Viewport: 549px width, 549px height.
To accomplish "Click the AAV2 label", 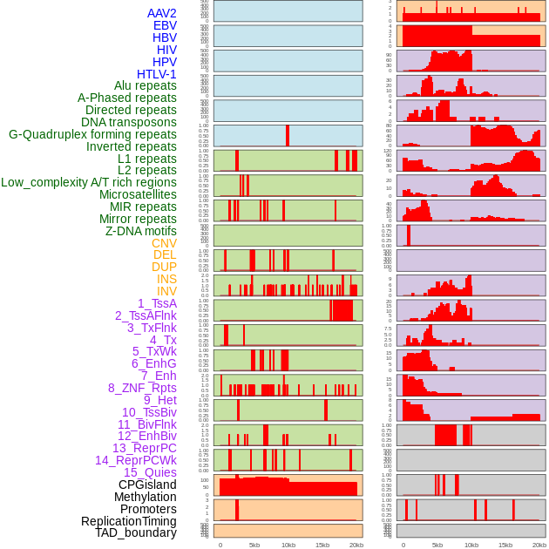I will pos(162,13).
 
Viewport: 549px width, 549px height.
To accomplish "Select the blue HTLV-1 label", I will pos(157,74).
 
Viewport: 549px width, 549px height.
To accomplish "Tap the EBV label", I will pos(165,25).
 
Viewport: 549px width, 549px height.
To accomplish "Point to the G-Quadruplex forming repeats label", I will pos(92,134).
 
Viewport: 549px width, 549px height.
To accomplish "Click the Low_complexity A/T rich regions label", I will pos(89,182).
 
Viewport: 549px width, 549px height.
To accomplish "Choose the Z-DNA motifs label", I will pos(141,231).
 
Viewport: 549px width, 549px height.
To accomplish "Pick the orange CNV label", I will pos(164,243).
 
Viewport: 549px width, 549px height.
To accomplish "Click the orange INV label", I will pos(166,291).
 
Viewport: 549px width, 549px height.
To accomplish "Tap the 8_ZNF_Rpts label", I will pos(142,388).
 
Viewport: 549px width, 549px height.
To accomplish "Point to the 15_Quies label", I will pos(150,472).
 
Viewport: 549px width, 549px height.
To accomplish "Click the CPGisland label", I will pos(147,485).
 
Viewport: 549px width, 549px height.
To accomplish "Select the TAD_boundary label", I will pos(136,532).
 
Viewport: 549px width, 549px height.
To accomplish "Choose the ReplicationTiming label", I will pos(129,521).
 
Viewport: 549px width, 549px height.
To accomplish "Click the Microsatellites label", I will pos(138,194).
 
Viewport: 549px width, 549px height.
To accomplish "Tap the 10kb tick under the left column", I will pos(288,545).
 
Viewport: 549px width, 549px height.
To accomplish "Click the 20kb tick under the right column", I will pos(539,545).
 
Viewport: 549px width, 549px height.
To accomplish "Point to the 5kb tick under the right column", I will pos(437,545).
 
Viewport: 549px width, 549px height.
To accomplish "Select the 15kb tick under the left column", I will pos(322,545).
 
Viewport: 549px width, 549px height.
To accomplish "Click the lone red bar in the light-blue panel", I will pos(288,136).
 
